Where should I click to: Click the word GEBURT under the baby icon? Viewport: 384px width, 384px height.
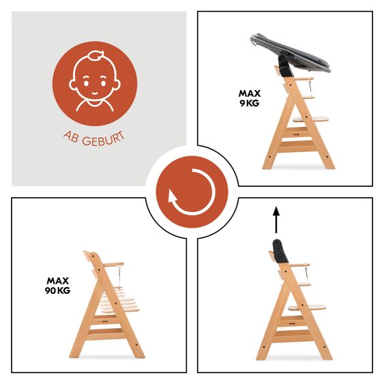point(104,140)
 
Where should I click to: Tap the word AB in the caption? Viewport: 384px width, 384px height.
point(70,137)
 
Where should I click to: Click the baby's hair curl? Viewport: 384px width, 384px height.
point(96,55)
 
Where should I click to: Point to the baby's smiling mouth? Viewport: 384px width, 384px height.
point(95,93)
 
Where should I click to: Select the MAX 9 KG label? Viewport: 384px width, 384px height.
point(250,98)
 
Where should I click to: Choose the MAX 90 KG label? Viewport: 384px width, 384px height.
point(57,285)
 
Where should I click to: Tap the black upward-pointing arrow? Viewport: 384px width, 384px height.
point(276,220)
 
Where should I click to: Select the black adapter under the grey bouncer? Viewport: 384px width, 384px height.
point(285,65)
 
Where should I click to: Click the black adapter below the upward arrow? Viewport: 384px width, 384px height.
point(280,252)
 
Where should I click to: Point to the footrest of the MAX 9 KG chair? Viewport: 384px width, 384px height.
point(311,119)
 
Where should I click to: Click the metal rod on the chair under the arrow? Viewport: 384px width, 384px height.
point(306,274)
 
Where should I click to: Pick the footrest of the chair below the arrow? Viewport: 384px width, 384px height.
point(307,307)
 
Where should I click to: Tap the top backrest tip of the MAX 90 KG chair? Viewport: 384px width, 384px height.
point(85,252)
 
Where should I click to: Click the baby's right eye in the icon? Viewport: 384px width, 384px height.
point(104,83)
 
